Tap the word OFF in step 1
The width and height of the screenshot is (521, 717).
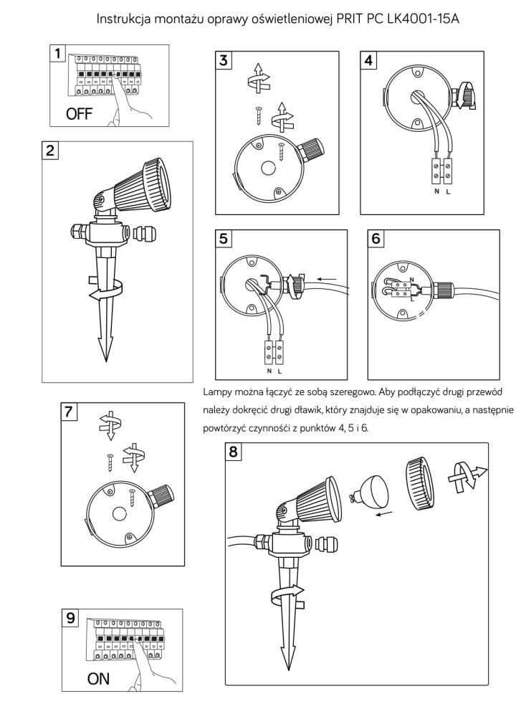tap(80, 114)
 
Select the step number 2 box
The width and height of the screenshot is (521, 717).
tap(51, 151)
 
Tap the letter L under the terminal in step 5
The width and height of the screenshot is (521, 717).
tap(279, 372)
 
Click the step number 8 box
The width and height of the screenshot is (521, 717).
tap(234, 453)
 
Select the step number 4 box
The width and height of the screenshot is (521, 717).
tap(369, 60)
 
